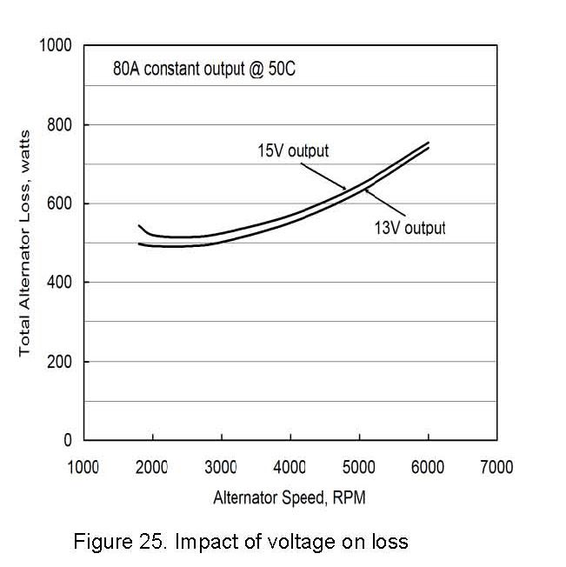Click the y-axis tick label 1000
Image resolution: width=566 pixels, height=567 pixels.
click(x=57, y=45)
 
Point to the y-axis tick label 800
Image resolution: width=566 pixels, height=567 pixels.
click(x=61, y=124)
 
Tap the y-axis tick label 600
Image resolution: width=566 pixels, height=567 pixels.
click(x=61, y=203)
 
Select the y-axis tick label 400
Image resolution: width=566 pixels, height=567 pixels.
click(x=61, y=283)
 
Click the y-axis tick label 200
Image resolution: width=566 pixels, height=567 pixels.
click(x=61, y=362)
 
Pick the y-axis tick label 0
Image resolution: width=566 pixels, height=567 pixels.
click(x=68, y=441)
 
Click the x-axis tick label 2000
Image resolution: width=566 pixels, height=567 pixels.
click(x=152, y=467)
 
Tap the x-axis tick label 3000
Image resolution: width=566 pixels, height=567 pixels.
click(x=221, y=467)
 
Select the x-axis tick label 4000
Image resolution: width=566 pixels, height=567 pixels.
click(x=290, y=467)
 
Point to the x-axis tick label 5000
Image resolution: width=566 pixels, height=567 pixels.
click(x=359, y=467)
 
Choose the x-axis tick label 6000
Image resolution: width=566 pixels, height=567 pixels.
click(x=428, y=467)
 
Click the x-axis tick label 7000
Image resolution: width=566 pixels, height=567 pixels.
click(x=496, y=467)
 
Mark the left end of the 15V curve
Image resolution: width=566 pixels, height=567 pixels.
click(x=139, y=225)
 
